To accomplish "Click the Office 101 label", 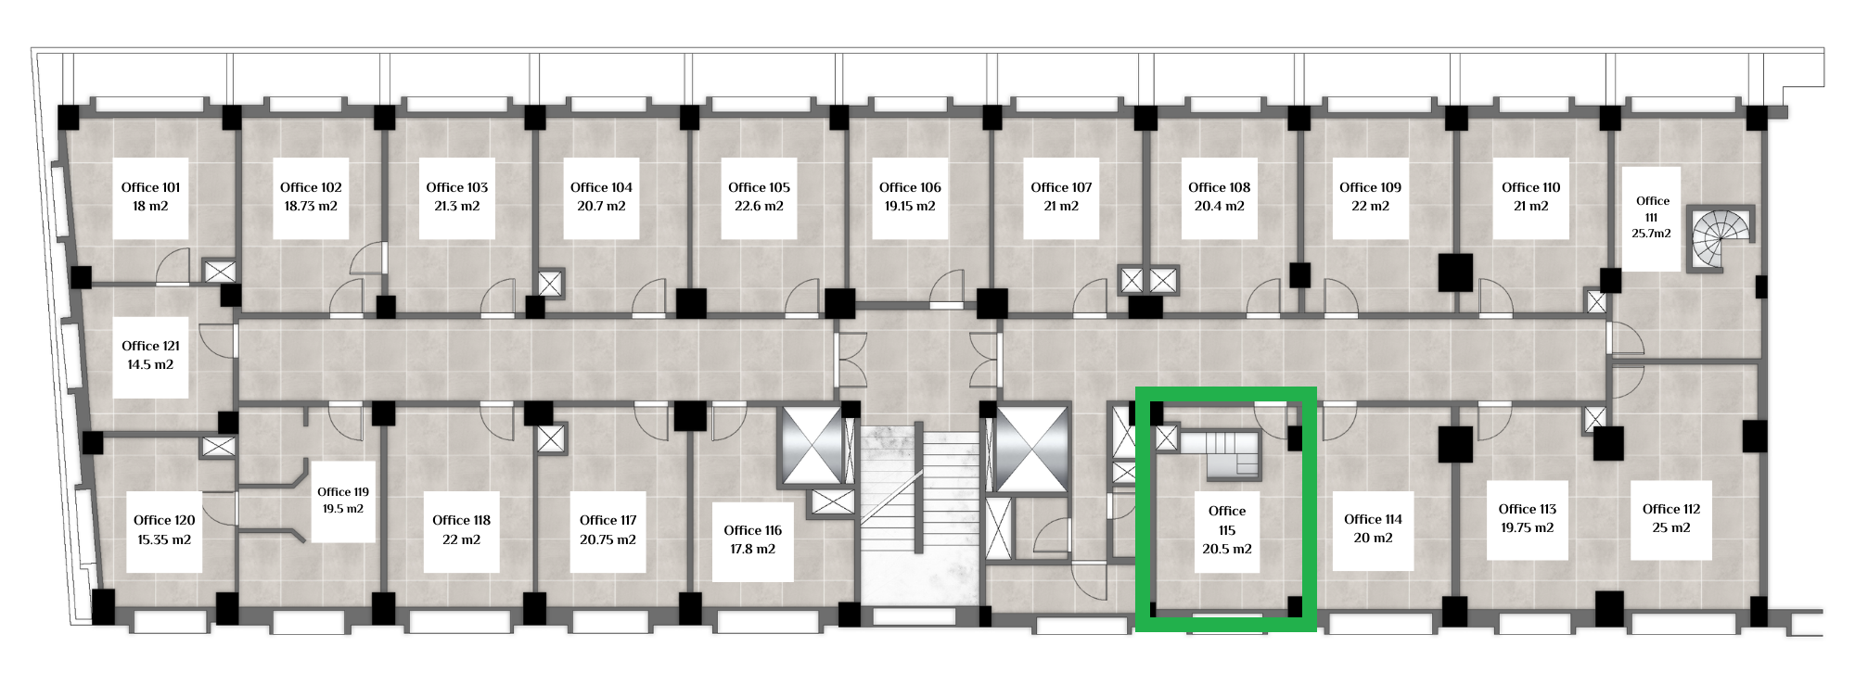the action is (151, 187).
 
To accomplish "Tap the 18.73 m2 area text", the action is (311, 207).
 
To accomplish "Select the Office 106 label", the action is (910, 187).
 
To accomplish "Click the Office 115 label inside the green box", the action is (1227, 520).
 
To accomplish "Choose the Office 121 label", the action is (151, 347).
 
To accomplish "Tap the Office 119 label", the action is (343, 492).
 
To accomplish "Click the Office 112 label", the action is (1671, 509).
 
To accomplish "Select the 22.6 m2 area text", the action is (759, 207).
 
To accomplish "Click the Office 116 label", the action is (752, 530).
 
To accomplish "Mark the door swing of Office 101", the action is (173, 266).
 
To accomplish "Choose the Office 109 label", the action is (1370, 187).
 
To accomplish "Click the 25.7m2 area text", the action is (1652, 234).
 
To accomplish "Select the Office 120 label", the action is (164, 520).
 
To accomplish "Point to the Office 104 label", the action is (601, 187).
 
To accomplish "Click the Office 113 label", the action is (1528, 509).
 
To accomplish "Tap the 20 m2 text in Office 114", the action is (1373, 539).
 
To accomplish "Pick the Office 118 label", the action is (461, 520).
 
